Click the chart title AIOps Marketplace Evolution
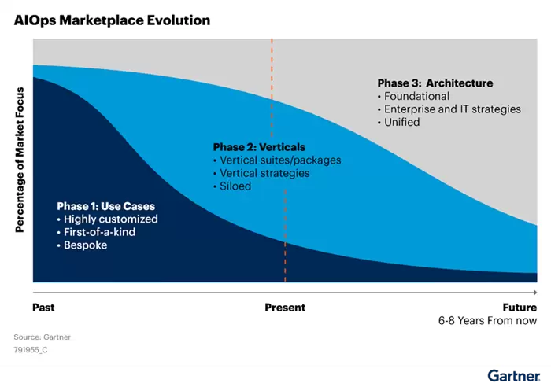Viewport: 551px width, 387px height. point(112,20)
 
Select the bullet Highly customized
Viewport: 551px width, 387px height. point(110,219)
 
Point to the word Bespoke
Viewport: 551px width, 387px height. point(86,245)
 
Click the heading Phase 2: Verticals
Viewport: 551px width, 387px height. point(259,147)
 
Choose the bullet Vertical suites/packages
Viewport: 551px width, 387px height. point(280,160)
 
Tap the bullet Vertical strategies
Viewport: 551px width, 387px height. point(264,173)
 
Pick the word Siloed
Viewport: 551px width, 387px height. point(236,186)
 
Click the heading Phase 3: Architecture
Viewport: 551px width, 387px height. point(435,83)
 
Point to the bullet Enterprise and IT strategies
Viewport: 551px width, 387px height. point(452,109)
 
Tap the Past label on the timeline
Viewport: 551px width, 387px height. point(43,308)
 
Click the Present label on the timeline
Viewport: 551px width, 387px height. point(285,308)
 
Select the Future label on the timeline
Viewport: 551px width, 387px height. point(520,308)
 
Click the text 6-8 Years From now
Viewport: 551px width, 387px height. point(487,321)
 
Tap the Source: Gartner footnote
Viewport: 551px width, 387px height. point(43,337)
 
